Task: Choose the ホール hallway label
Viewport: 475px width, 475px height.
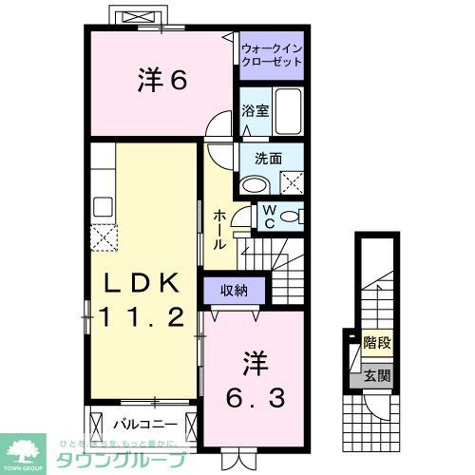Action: tap(219, 229)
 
